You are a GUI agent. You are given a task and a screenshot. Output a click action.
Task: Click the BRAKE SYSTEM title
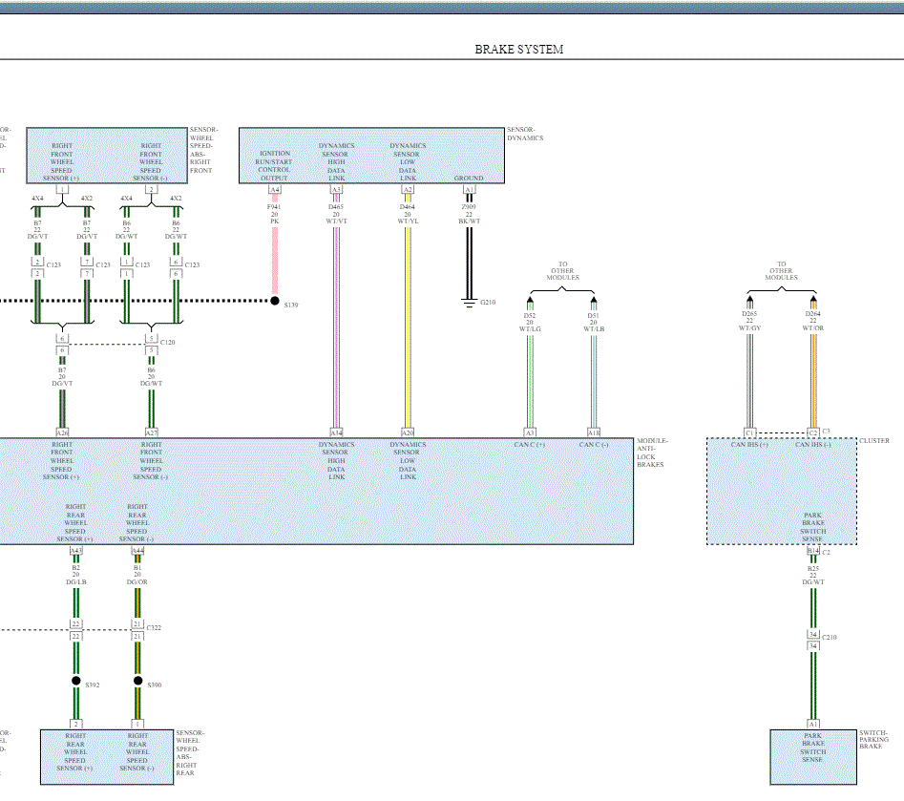click(x=518, y=50)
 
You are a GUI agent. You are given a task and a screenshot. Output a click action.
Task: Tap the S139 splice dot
click(x=275, y=301)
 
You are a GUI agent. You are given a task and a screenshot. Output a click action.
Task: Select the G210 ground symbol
click(x=469, y=304)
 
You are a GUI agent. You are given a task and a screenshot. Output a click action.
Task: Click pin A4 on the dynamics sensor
click(x=275, y=190)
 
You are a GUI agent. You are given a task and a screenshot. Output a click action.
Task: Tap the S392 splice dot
click(x=76, y=682)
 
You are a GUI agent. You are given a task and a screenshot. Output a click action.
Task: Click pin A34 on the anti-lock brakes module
click(x=336, y=432)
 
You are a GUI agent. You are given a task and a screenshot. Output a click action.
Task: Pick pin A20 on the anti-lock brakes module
click(x=408, y=432)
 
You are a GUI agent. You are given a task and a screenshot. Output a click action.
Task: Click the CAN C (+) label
click(x=529, y=445)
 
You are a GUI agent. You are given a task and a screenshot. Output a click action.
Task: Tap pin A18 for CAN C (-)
click(x=593, y=432)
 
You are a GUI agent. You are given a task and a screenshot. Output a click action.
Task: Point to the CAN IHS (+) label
click(x=749, y=445)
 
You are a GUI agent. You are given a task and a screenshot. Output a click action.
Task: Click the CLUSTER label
click(x=873, y=441)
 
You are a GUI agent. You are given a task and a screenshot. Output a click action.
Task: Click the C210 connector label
click(x=830, y=637)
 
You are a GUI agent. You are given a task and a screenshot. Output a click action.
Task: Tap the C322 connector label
click(x=155, y=628)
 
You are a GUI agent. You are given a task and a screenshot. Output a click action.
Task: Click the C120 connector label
click(x=168, y=342)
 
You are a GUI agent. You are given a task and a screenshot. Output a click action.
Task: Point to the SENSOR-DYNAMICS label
click(x=524, y=134)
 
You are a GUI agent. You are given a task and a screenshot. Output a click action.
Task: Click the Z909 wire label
click(x=469, y=206)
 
